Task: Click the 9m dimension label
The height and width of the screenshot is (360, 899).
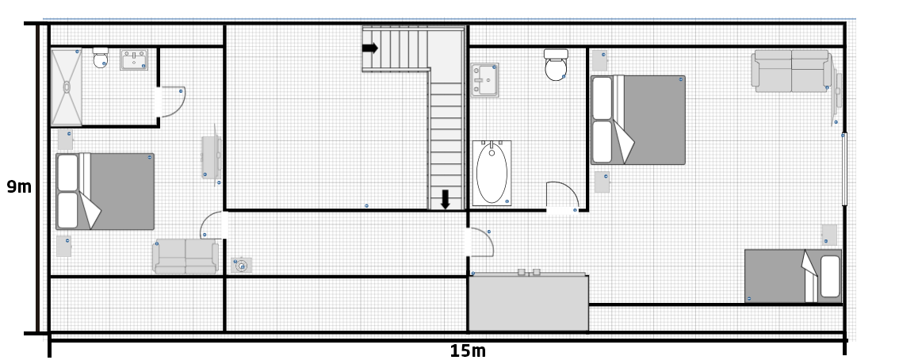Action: coord(18,188)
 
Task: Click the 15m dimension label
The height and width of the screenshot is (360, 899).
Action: coord(468,350)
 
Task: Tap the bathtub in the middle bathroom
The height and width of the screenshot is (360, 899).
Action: coord(492,173)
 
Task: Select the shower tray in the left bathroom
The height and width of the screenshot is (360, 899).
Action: coord(67,86)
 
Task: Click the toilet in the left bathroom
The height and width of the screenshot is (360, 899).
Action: coord(101,59)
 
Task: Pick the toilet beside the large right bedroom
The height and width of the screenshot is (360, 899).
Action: coord(556,65)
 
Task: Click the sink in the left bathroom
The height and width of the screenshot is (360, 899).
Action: coord(133,59)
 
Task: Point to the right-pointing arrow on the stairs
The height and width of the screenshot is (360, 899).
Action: coord(370,48)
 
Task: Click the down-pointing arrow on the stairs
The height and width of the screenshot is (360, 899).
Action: coord(446,200)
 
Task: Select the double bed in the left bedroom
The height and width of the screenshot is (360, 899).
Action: coord(105,191)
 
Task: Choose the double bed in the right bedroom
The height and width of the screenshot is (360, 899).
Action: coord(637,120)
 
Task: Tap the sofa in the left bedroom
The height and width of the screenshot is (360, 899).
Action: coord(186,258)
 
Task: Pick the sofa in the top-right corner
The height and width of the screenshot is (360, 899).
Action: coord(791,71)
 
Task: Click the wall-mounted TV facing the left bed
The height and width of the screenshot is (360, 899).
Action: coord(212,157)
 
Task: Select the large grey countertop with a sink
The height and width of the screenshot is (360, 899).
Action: coord(528,302)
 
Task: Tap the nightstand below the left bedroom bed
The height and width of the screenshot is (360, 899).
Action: coord(64,245)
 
